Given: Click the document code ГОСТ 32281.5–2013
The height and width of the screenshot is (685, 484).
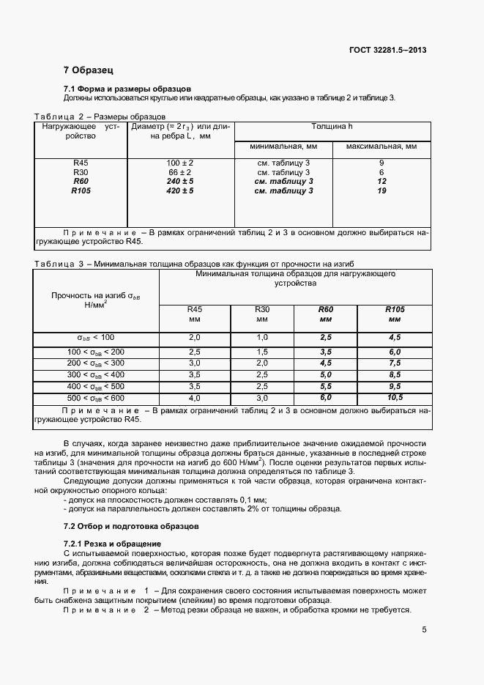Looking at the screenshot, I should coord(388,50).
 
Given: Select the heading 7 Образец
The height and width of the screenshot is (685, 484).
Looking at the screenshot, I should coord(88,70).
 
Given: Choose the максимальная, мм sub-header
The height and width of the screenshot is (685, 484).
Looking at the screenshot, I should coord(381,147).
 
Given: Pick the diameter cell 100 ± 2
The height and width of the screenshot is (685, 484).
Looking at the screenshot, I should coord(180,163).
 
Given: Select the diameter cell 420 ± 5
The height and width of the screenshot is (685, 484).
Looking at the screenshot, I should coord(180,191).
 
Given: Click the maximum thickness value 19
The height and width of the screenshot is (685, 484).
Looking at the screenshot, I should coord(381,191).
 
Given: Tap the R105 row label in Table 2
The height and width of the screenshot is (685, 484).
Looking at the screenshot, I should coord(81,191).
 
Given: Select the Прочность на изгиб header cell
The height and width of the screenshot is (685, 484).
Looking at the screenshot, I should coord(96,300).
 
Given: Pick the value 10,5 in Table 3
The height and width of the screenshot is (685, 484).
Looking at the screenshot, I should coord(395,397).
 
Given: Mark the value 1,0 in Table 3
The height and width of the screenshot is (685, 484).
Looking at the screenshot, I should coord(262,336).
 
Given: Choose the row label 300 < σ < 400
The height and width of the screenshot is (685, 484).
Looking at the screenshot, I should coord(96,374).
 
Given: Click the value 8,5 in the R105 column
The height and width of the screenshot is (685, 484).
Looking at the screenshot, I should coord(395,374).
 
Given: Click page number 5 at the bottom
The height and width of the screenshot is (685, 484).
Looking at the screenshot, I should coord(424,629).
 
